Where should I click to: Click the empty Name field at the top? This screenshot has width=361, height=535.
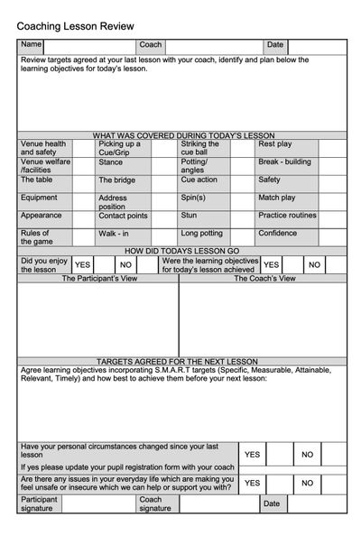pyautogui.click(x=88, y=45)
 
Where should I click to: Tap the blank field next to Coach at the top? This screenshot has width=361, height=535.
pyautogui.click(x=213, y=45)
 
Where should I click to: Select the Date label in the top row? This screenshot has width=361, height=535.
pyautogui.click(x=274, y=45)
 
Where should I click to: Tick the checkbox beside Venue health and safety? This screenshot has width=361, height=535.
pyautogui.click(x=83, y=148)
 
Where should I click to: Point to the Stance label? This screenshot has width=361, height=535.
pyautogui.click(x=111, y=162)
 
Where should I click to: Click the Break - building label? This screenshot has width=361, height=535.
pyautogui.click(x=284, y=162)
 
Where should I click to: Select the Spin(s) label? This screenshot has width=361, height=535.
pyautogui.click(x=193, y=197)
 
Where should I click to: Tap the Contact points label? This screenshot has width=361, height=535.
pyautogui.click(x=123, y=216)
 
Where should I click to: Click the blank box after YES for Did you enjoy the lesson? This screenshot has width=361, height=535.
pyautogui.click(x=104, y=264)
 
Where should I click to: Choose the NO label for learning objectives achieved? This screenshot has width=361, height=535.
pyautogui.click(x=314, y=264)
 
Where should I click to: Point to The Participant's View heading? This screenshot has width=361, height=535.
pyautogui.click(x=97, y=279)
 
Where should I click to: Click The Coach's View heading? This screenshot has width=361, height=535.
pyautogui.click(x=264, y=279)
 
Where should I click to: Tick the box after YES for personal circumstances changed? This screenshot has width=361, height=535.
pyautogui.click(x=279, y=455)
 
